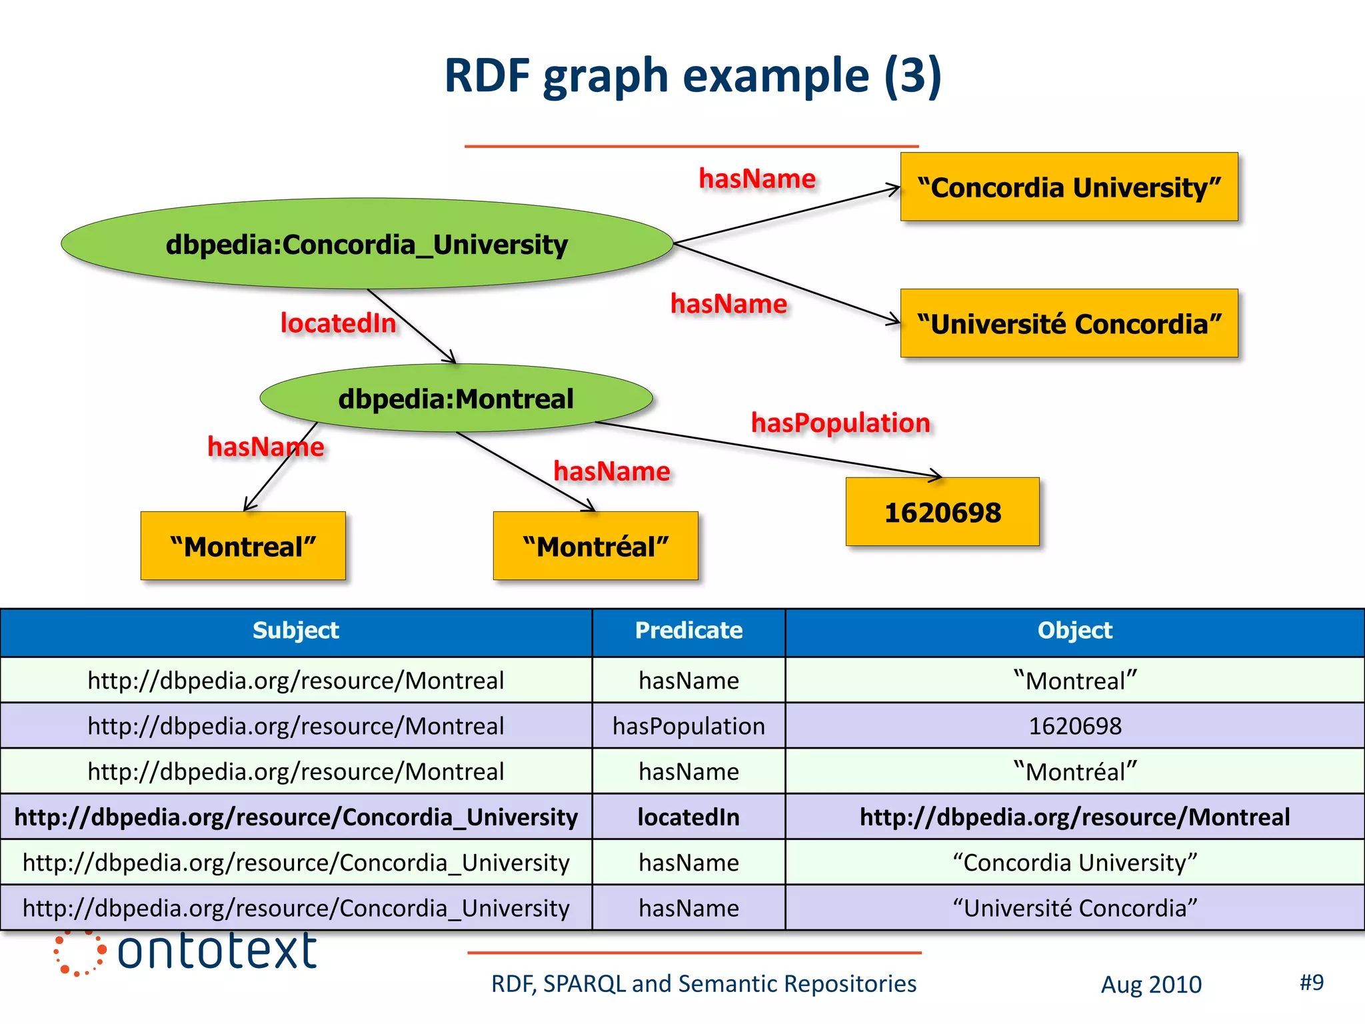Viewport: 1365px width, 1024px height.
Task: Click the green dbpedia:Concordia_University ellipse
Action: tap(367, 244)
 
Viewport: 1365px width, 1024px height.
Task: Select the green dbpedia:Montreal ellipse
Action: tap(456, 399)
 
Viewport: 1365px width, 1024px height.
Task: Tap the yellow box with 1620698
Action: tap(942, 512)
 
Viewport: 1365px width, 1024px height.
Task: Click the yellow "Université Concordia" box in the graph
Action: tap(1069, 324)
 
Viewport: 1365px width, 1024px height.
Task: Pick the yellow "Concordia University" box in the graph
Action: tap(1069, 187)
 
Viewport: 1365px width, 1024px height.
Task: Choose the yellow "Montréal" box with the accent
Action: tap(595, 546)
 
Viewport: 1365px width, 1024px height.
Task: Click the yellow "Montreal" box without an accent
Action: tap(243, 546)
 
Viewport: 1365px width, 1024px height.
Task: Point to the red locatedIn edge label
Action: tap(338, 323)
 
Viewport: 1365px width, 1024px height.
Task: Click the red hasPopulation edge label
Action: tap(840, 423)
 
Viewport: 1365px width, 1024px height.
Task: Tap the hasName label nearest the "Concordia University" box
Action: tap(757, 179)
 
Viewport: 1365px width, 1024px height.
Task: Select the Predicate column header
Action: tap(688, 631)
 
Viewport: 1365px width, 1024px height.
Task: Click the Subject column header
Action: tap(296, 631)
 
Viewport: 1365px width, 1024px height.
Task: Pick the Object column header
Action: tap(1074, 631)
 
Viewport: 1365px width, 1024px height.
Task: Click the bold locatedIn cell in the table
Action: tap(688, 817)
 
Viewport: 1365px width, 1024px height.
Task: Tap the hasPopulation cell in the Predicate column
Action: tap(688, 726)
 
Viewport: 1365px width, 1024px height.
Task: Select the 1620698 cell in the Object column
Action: tap(1074, 726)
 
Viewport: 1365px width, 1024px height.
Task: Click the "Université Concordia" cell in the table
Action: tap(1074, 908)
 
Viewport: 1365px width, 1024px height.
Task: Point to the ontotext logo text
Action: tap(216, 951)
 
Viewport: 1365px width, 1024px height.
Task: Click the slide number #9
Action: tap(1311, 982)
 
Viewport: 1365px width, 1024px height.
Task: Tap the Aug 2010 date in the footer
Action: tap(1151, 985)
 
